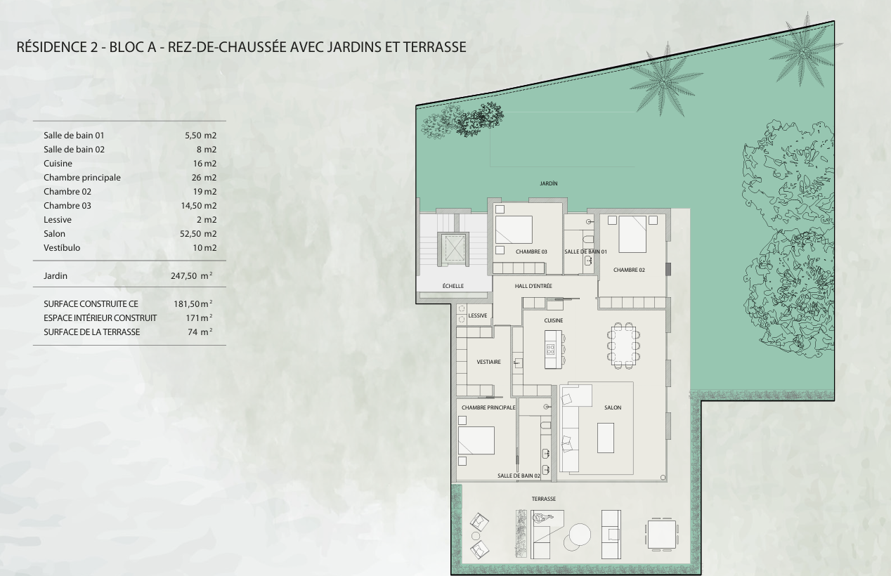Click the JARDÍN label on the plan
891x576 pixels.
(549, 183)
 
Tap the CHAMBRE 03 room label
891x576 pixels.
(531, 251)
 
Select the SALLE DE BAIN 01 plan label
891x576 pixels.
(585, 251)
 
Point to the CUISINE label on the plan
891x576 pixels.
(554, 320)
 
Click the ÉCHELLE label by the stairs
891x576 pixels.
(453, 286)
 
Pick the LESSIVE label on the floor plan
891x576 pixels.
(478, 315)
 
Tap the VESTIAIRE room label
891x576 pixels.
(489, 362)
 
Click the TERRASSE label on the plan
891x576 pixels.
(544, 499)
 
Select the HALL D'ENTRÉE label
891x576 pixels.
(533, 286)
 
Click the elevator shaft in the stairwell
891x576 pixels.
(455, 249)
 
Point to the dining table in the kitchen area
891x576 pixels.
(623, 346)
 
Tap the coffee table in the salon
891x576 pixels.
(606, 438)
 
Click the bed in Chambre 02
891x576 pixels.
(632, 234)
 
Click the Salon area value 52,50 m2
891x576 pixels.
(198, 234)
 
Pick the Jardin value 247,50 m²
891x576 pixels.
(192, 275)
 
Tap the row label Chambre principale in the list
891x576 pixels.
(82, 178)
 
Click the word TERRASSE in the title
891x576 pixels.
(435, 47)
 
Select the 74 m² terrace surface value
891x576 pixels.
(200, 332)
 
